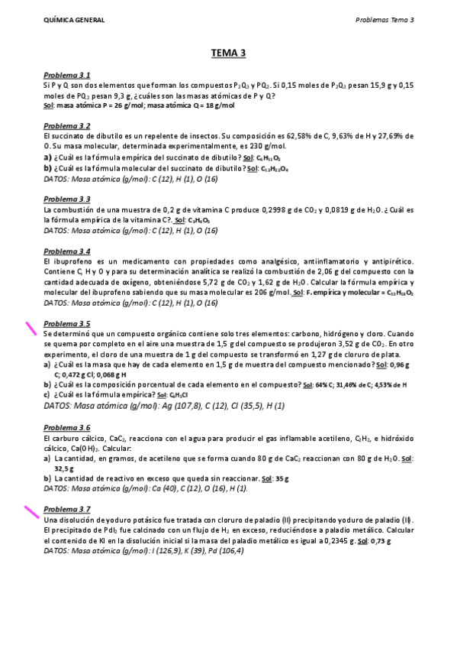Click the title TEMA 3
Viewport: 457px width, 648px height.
(x=228, y=53)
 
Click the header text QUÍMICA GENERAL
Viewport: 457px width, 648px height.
(x=75, y=20)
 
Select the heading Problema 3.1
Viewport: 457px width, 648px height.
(x=67, y=75)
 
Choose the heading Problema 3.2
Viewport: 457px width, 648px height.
(x=67, y=125)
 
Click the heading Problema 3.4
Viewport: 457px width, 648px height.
(x=67, y=251)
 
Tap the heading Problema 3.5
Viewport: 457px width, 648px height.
(x=67, y=323)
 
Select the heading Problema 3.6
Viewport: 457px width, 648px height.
(x=67, y=428)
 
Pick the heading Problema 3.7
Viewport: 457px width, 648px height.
(x=67, y=509)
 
